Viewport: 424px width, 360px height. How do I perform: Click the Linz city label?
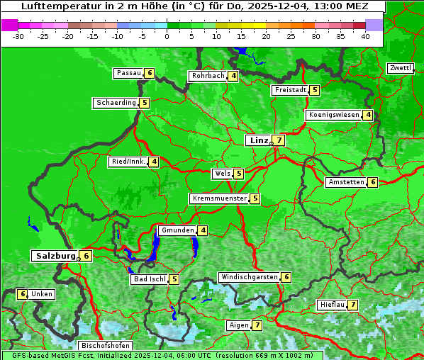[259, 140]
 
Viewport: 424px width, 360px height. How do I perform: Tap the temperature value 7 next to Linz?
[279, 140]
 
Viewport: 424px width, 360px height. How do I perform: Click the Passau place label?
[129, 73]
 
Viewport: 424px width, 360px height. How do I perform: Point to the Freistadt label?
[290, 90]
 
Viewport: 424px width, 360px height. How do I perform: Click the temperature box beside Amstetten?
[373, 182]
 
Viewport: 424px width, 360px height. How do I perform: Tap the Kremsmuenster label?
[219, 198]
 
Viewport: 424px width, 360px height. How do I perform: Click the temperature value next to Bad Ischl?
[174, 279]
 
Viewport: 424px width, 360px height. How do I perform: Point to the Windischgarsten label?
[248, 277]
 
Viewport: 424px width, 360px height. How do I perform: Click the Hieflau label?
[333, 305]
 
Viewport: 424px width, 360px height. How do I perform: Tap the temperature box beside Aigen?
[257, 325]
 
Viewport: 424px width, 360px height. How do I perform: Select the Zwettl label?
[400, 68]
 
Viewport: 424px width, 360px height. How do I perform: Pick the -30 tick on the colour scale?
[19, 36]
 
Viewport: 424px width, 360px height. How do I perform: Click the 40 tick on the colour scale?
[365, 36]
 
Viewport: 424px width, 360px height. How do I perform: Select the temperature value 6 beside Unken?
[23, 294]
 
